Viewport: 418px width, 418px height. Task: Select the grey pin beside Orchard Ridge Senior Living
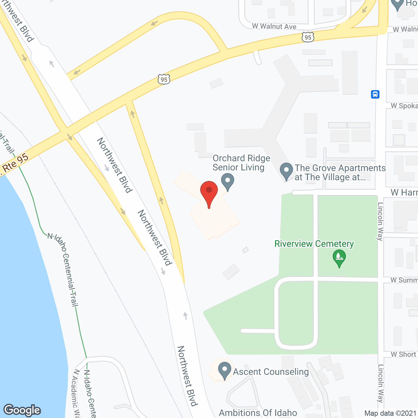(228, 181)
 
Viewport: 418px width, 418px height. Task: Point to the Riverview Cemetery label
(314, 244)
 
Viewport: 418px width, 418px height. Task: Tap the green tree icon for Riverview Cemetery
(339, 258)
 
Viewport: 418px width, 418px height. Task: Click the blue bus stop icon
(375, 95)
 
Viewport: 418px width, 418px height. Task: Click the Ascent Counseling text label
(271, 372)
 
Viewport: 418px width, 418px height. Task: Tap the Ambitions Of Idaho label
(258, 413)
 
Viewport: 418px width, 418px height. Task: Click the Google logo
(22, 410)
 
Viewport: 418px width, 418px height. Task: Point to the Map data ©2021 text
(390, 413)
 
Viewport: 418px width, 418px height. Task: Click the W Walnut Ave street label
(274, 26)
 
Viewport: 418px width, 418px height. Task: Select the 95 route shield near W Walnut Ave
(308, 37)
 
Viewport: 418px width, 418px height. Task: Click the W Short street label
(403, 354)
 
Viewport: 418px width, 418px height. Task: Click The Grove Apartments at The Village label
(340, 172)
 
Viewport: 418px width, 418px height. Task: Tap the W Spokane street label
(404, 106)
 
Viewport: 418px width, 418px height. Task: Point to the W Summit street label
(404, 280)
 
